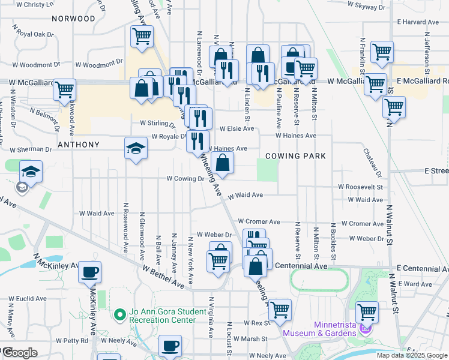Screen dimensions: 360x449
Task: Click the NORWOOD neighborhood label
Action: pyautogui.click(x=73, y=19)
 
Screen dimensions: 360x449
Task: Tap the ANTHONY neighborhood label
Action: pyautogui.click(x=78, y=145)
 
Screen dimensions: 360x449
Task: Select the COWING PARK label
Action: pyautogui.click(x=296, y=156)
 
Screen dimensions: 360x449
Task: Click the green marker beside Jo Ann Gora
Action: pyautogui.click(x=119, y=314)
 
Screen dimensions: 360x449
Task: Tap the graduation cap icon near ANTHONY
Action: pyautogui.click(x=136, y=148)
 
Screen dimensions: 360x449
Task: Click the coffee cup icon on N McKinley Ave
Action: pyautogui.click(x=90, y=272)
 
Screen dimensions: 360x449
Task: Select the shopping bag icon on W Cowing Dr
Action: pyautogui.click(x=222, y=163)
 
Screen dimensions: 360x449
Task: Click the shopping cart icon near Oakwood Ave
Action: pyautogui.click(x=64, y=91)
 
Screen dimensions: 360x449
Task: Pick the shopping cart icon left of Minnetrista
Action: pyautogui.click(x=280, y=310)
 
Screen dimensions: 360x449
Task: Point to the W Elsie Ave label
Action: pyautogui.click(x=237, y=128)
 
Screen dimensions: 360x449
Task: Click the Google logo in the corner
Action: pyautogui.click(x=19, y=353)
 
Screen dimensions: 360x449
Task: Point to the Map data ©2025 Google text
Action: pyautogui.click(x=411, y=355)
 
